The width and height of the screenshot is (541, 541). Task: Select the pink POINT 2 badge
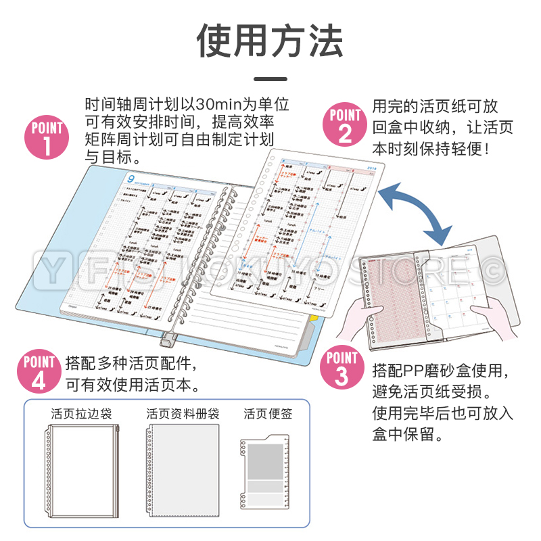coord(346,124)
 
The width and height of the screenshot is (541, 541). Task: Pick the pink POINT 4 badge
coord(39,372)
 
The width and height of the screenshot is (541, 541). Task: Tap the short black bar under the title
coord(270,79)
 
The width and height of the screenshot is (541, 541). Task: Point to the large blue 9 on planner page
coord(131,178)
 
